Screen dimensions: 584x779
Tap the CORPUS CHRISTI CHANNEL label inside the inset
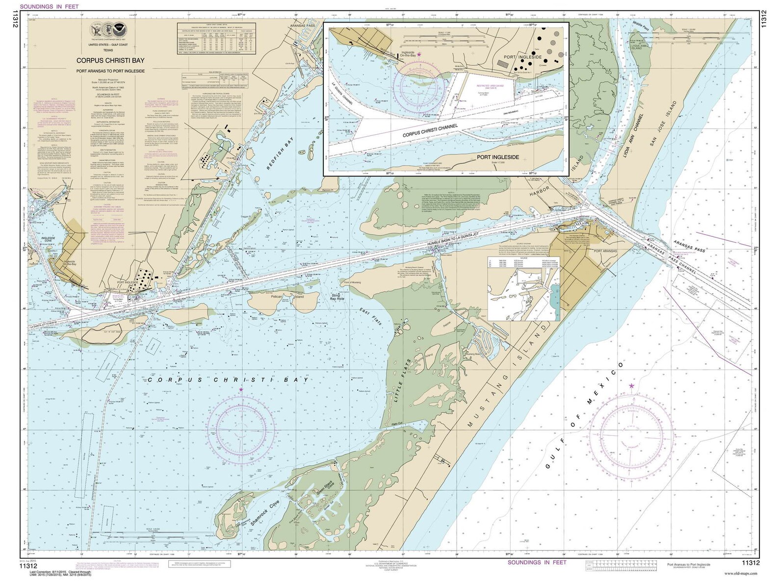pyautogui.click(x=430, y=130)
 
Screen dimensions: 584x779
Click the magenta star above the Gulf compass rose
pyautogui.click(x=631, y=386)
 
